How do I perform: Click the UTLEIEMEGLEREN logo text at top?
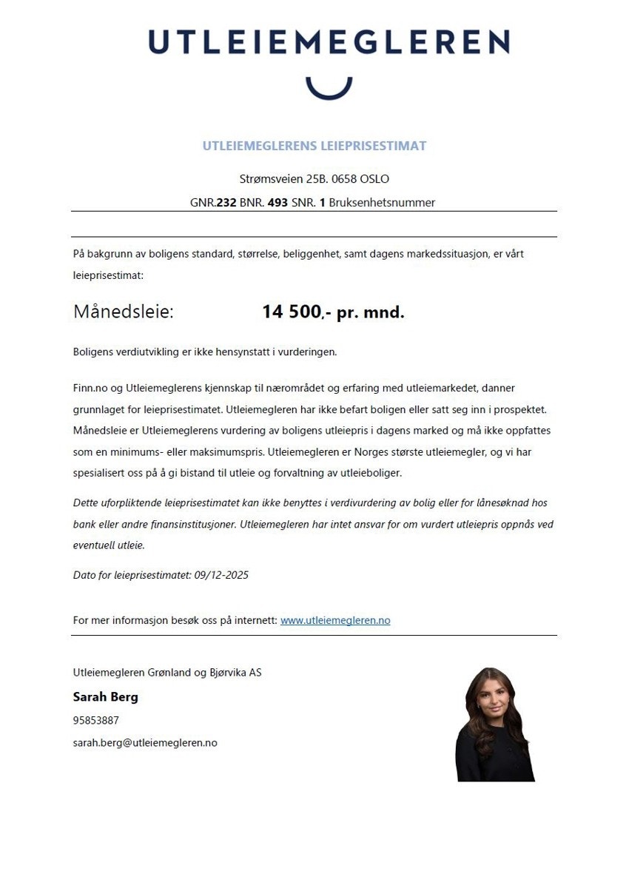329,42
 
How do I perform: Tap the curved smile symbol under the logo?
329,87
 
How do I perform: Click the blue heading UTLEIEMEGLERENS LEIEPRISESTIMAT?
314,146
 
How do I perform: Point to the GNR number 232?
226,202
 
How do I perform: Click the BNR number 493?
278,202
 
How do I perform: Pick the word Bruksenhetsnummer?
382,202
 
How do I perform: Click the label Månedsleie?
123,312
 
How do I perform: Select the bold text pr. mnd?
371,312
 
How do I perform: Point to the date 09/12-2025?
221,574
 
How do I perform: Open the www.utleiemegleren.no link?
334,620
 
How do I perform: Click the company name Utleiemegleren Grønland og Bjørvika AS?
167,673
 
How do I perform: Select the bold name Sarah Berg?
105,697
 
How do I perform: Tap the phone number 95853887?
95,720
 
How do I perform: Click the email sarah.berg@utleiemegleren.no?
145,742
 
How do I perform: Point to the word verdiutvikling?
142,352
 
